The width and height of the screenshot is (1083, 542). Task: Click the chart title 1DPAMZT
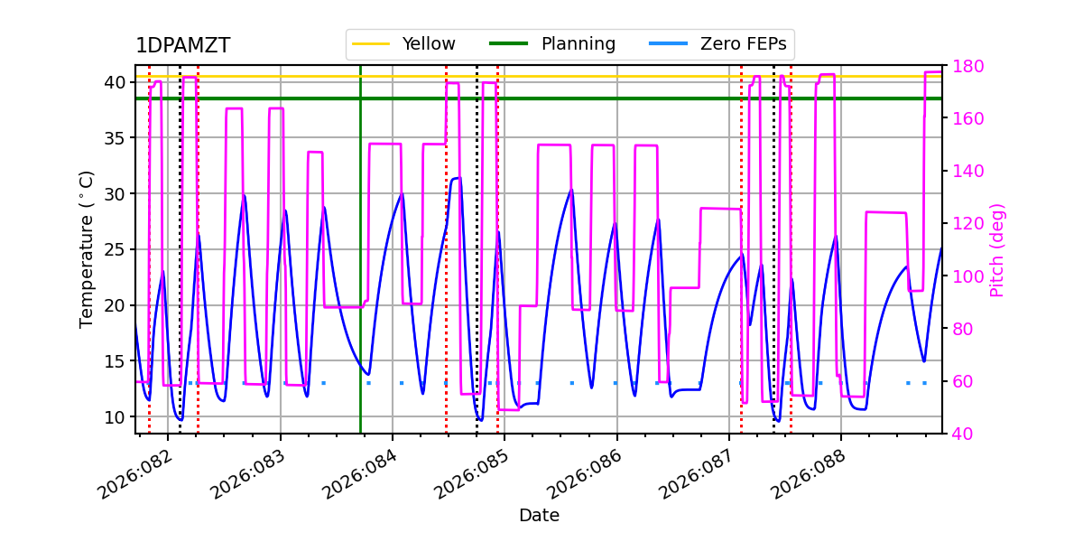182,46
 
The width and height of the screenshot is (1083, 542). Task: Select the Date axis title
539,516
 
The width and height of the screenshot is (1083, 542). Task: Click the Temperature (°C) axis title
88,248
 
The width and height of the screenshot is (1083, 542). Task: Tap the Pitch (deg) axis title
997,249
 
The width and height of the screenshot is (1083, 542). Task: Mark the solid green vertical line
360,271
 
